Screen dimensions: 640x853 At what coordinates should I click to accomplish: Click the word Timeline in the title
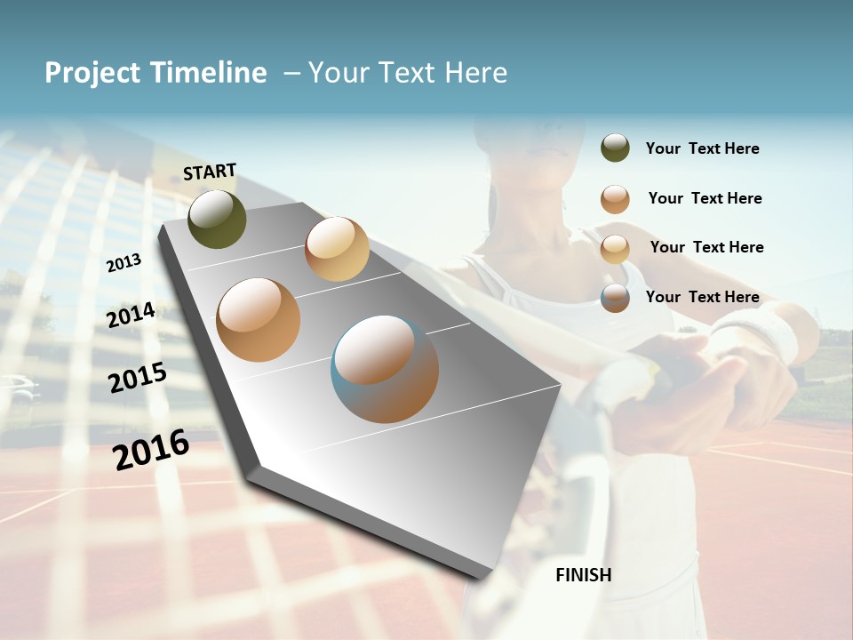[x=208, y=73]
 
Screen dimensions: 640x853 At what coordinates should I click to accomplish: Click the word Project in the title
[x=93, y=73]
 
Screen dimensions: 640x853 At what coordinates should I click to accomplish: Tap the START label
[x=210, y=172]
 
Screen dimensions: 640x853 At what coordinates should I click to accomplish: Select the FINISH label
[x=584, y=575]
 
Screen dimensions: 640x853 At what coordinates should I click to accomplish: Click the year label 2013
[x=124, y=262]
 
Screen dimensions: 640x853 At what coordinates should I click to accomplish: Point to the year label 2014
[x=132, y=315]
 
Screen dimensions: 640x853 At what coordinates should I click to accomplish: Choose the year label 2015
[x=138, y=377]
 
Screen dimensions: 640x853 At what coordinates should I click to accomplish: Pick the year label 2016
[x=151, y=449]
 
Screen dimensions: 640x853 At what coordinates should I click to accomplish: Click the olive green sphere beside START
[x=217, y=219]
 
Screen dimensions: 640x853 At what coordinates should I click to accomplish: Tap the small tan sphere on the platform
[x=337, y=249]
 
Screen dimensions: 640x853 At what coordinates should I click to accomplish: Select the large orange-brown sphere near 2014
[x=259, y=320]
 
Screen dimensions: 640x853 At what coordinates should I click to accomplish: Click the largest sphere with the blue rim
[x=385, y=369]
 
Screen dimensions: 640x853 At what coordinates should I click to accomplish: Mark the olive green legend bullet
[x=615, y=148]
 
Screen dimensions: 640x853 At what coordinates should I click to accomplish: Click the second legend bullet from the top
[x=615, y=199]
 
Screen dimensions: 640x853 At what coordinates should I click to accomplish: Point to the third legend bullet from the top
[x=615, y=248]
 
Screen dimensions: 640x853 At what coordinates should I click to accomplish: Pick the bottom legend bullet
[x=615, y=298]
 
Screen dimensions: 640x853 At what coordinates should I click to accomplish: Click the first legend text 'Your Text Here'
[x=702, y=148]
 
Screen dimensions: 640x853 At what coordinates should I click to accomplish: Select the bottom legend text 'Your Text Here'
[x=702, y=297]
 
